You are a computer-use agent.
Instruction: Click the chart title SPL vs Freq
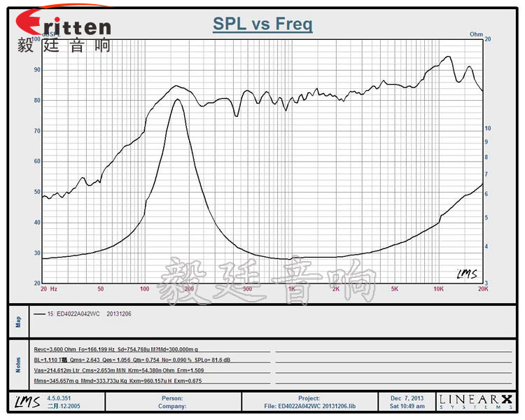[262, 25]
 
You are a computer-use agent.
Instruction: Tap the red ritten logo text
[66, 26]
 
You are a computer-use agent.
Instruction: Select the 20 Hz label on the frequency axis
[48, 288]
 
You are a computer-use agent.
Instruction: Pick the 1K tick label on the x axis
[291, 288]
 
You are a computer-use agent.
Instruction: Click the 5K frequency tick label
[395, 288]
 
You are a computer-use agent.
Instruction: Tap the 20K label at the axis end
[482, 288]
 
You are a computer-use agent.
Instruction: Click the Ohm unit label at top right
[477, 34]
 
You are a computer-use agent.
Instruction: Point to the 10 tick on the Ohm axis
[489, 128]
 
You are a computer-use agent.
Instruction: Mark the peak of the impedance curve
[178, 99]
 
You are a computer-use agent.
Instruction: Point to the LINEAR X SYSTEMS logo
[475, 401]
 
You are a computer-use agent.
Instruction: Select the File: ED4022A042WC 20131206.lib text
[311, 406]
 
